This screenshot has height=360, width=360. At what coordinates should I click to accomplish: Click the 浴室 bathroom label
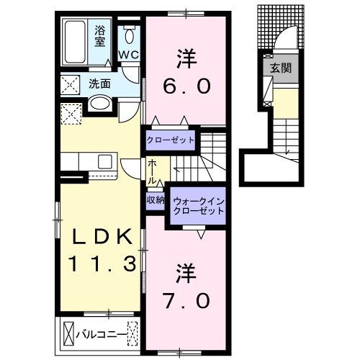pos(101,35)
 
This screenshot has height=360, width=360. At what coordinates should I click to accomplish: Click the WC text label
pos(129,55)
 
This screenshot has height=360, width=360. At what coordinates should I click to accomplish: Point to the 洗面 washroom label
pos(99,84)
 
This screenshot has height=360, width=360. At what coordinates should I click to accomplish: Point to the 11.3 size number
pos(102,265)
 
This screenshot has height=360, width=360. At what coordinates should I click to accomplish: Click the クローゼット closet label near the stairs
pos(171,139)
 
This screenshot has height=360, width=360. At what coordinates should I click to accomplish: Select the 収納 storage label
pos(156,200)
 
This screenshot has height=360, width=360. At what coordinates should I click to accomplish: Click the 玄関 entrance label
pos(279,69)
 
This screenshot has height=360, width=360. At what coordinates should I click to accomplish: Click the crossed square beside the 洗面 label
pos(71,84)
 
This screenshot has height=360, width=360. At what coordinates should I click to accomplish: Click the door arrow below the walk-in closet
pos(202,233)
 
